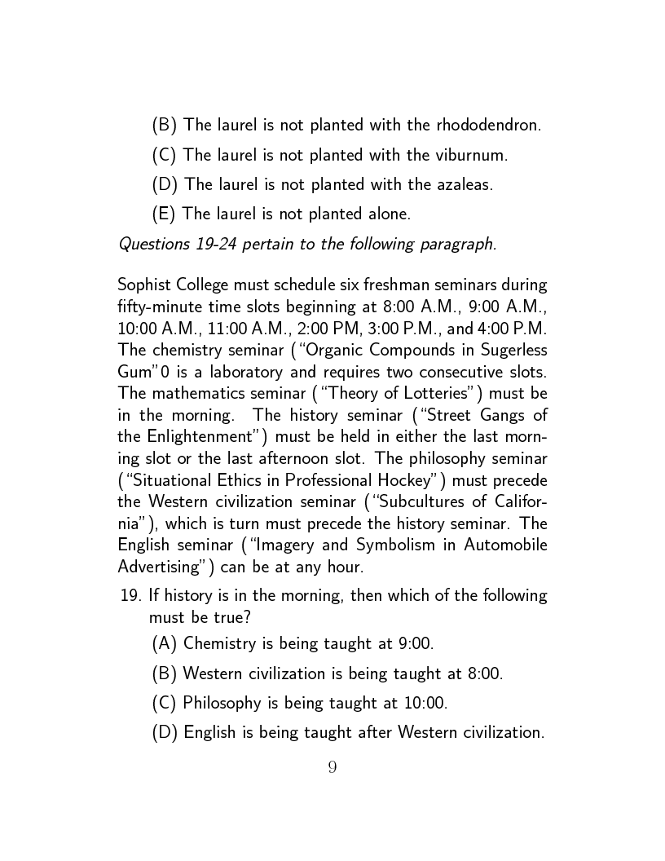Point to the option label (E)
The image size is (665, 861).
165,214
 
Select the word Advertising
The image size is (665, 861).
159,565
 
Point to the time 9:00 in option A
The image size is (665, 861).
415,643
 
